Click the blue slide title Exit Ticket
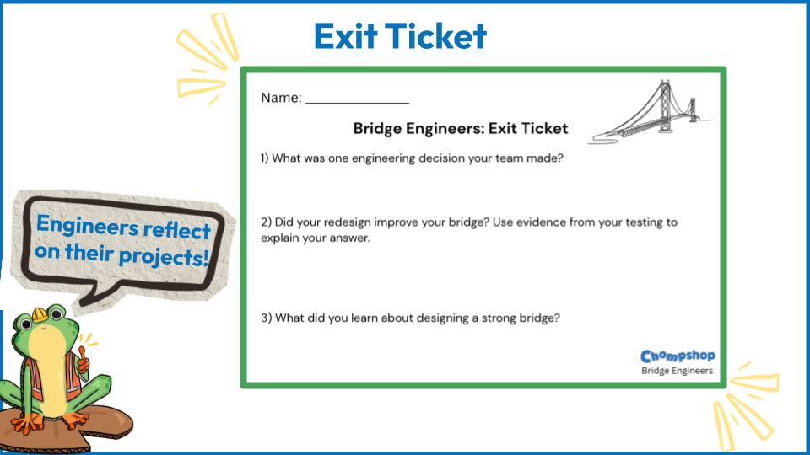pyautogui.click(x=400, y=36)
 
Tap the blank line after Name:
pyautogui.click(x=357, y=103)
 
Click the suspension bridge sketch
pyautogui.click(x=650, y=112)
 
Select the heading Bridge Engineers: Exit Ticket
pyautogui.click(x=461, y=128)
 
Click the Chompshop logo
pyautogui.click(x=678, y=356)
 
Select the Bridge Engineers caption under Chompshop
pyautogui.click(x=677, y=371)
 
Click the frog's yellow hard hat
pyautogui.click(x=40, y=313)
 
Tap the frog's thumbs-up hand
pyautogui.click(x=83, y=361)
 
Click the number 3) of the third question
pyautogui.click(x=266, y=318)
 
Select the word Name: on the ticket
pyautogui.click(x=281, y=98)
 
